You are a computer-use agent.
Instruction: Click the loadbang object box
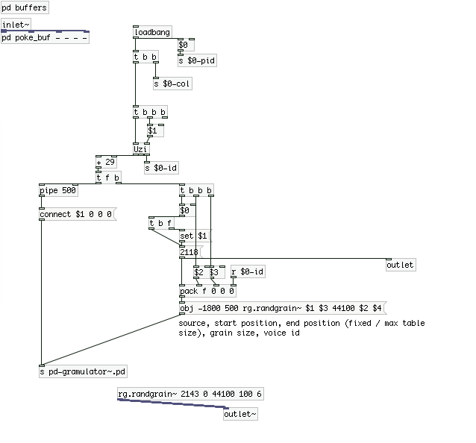point(153,32)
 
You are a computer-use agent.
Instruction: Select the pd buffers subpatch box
point(25,7)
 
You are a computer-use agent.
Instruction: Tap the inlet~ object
point(16,25)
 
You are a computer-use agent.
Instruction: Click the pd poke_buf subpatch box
point(45,37)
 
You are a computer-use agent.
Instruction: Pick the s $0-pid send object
point(197,60)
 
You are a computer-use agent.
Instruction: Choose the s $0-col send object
point(172,84)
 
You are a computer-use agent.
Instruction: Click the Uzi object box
point(141,149)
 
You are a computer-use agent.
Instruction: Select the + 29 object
point(106,162)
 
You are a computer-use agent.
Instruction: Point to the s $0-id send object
point(161,168)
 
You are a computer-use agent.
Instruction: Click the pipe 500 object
point(59,191)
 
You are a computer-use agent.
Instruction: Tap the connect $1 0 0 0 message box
point(78,214)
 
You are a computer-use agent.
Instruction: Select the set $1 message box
point(195,236)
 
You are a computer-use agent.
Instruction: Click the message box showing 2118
point(191,252)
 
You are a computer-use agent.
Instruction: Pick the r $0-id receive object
point(248,271)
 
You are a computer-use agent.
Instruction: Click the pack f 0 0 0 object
point(207,292)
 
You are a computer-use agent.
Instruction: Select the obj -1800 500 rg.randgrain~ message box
point(283,308)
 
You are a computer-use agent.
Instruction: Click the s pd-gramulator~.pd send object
point(83,371)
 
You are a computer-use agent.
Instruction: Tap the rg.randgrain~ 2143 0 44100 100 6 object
point(190,394)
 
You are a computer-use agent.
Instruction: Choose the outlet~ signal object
point(240,414)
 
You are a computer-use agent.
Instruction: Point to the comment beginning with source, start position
point(301,328)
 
